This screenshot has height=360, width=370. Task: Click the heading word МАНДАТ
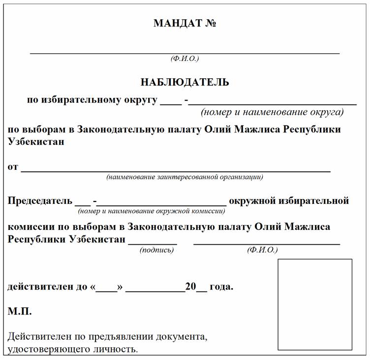tap(177, 23)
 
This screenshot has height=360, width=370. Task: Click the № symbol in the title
tap(211, 23)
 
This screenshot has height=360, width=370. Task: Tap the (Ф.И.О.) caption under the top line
tap(185, 59)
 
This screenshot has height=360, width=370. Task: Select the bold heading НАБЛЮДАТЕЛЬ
tap(185, 82)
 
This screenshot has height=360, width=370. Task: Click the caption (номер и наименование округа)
tap(272, 112)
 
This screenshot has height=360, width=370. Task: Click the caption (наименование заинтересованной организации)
tap(185, 177)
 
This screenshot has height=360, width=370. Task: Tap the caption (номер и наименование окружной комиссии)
tap(152, 211)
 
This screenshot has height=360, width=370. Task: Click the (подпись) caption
tap(157, 250)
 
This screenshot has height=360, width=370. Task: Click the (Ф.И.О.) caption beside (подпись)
tap(262, 250)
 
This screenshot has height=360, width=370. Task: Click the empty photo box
tap(315, 304)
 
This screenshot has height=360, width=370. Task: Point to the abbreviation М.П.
tap(20, 312)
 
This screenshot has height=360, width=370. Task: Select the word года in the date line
tap(221, 287)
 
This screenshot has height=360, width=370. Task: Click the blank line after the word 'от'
tap(175, 170)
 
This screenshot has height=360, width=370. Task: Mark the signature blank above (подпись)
tap(153, 243)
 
